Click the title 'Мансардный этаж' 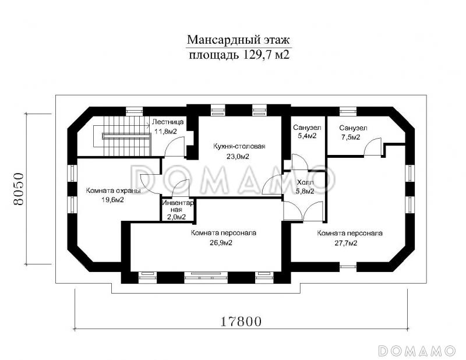click(x=238, y=40)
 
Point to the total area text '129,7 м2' click(x=266, y=55)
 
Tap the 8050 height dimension click(x=18, y=189)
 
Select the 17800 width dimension click(x=241, y=322)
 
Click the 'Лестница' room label click(x=168, y=122)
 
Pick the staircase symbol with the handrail click(x=121, y=136)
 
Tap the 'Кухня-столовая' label click(x=239, y=146)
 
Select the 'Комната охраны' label click(x=113, y=190)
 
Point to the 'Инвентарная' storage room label click(x=178, y=206)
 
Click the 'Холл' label click(x=305, y=182)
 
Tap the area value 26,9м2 click(x=221, y=243)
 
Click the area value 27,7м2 click(x=346, y=243)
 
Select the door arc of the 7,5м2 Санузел click(x=372, y=147)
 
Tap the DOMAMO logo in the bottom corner click(x=417, y=351)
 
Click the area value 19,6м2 click(x=112, y=200)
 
